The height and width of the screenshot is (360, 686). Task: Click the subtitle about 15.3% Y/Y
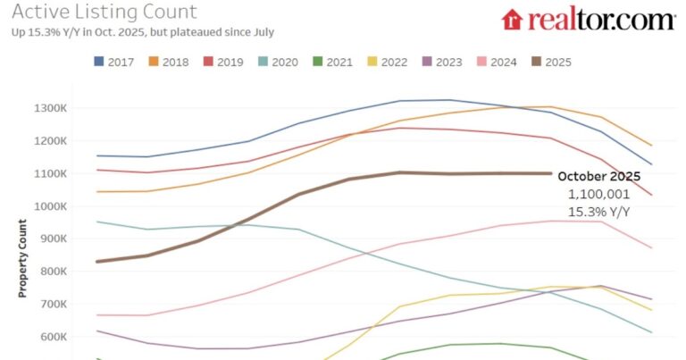[143, 32]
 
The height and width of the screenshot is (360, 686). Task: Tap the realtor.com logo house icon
[512, 20]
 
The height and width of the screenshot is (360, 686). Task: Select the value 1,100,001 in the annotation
[598, 193]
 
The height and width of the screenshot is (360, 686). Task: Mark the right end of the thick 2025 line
[551, 173]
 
